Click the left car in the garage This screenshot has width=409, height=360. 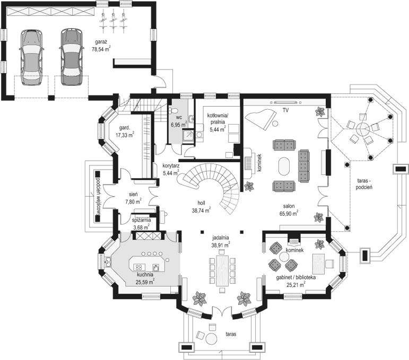click(31, 57)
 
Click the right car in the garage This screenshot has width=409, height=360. click(72, 57)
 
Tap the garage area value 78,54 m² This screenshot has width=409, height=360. click(101, 49)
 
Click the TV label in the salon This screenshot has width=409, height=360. click(285, 110)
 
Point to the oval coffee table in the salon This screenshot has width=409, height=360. click(284, 166)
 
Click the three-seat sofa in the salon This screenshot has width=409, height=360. click(304, 166)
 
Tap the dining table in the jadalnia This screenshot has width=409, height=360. click(222, 270)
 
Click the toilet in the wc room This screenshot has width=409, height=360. click(172, 110)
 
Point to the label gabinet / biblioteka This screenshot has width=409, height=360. click(296, 277)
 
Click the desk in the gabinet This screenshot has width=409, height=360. click(318, 264)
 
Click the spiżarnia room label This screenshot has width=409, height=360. click(141, 221)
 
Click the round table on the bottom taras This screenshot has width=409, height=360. click(211, 339)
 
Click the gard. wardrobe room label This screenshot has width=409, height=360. click(125, 128)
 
